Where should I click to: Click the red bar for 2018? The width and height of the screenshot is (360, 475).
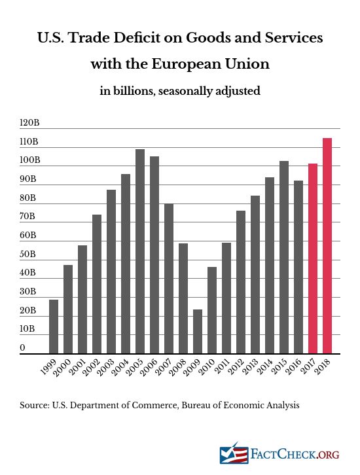click(327, 246)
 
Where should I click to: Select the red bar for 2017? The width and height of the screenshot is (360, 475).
click(313, 258)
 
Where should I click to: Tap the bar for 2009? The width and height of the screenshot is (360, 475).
click(198, 332)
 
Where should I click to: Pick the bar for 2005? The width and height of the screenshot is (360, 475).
click(140, 251)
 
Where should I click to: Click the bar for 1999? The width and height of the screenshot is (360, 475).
click(54, 326)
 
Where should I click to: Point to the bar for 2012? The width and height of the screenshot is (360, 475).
click(241, 282)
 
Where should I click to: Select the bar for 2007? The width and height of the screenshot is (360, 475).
click(169, 279)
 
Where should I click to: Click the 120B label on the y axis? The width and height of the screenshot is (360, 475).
click(29, 123)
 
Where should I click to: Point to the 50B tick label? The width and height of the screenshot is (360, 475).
click(27, 254)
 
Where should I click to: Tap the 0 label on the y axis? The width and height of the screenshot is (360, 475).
click(22, 347)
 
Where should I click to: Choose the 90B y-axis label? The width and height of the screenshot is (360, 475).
click(28, 179)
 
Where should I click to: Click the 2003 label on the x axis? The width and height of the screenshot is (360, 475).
click(107, 367)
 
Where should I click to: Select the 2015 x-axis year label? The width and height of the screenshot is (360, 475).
click(280, 367)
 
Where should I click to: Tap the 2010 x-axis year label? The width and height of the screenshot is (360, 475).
click(208, 367)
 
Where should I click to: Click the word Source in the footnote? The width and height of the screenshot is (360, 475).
click(34, 406)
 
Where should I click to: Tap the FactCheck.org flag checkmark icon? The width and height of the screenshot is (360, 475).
click(234, 453)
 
